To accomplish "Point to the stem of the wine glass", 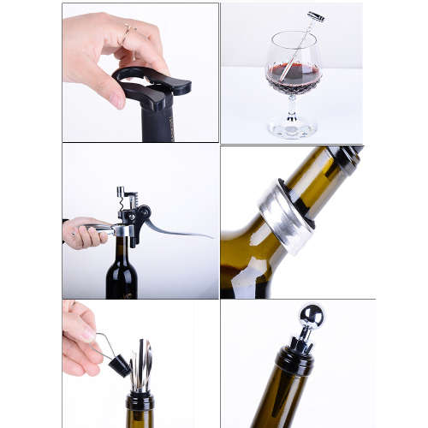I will [292, 107].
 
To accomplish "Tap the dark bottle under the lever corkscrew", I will [122, 274].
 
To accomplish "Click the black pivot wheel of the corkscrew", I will [137, 214].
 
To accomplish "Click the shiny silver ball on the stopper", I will [310, 318].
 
